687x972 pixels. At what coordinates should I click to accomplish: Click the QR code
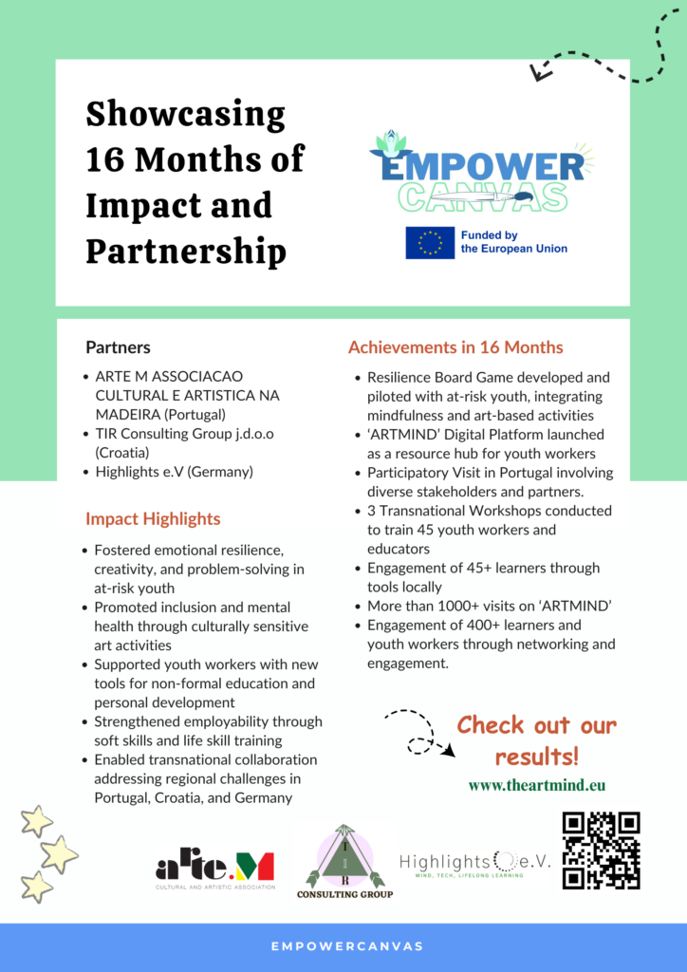click(x=601, y=850)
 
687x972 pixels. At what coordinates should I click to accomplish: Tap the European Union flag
click(x=430, y=243)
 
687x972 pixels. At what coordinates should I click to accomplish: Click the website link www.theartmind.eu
click(x=537, y=785)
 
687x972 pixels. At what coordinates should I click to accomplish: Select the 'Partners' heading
click(x=118, y=347)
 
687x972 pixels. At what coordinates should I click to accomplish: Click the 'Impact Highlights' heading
click(x=153, y=518)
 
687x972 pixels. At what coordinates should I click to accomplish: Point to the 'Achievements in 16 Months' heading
click(x=455, y=347)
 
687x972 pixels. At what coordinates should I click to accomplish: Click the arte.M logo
click(x=215, y=866)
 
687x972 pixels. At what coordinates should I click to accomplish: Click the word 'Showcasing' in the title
click(x=185, y=115)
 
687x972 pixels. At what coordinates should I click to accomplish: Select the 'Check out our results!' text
click(x=536, y=740)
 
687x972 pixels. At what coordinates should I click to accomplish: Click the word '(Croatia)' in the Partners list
click(x=122, y=452)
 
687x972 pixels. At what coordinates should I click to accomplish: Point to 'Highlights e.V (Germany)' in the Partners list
click(x=174, y=471)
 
